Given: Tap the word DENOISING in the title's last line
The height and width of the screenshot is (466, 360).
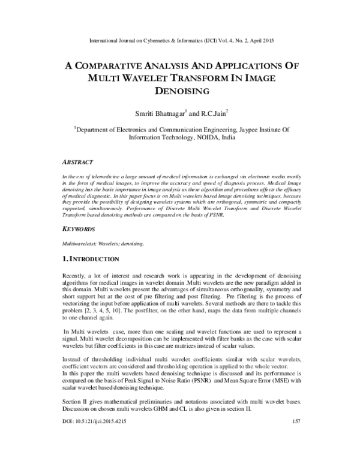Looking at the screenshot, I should click(x=179, y=91).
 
